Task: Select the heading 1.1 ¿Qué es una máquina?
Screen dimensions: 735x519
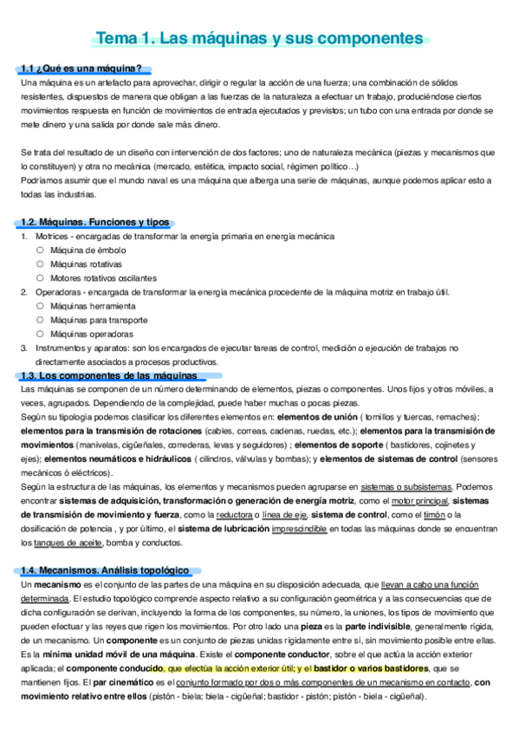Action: coord(82,68)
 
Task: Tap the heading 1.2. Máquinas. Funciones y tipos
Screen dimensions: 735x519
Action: coord(94,223)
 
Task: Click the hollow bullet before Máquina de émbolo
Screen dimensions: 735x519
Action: coord(40,250)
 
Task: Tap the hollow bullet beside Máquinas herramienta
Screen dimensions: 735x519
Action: coord(40,306)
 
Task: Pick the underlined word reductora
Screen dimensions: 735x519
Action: coord(234,515)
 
